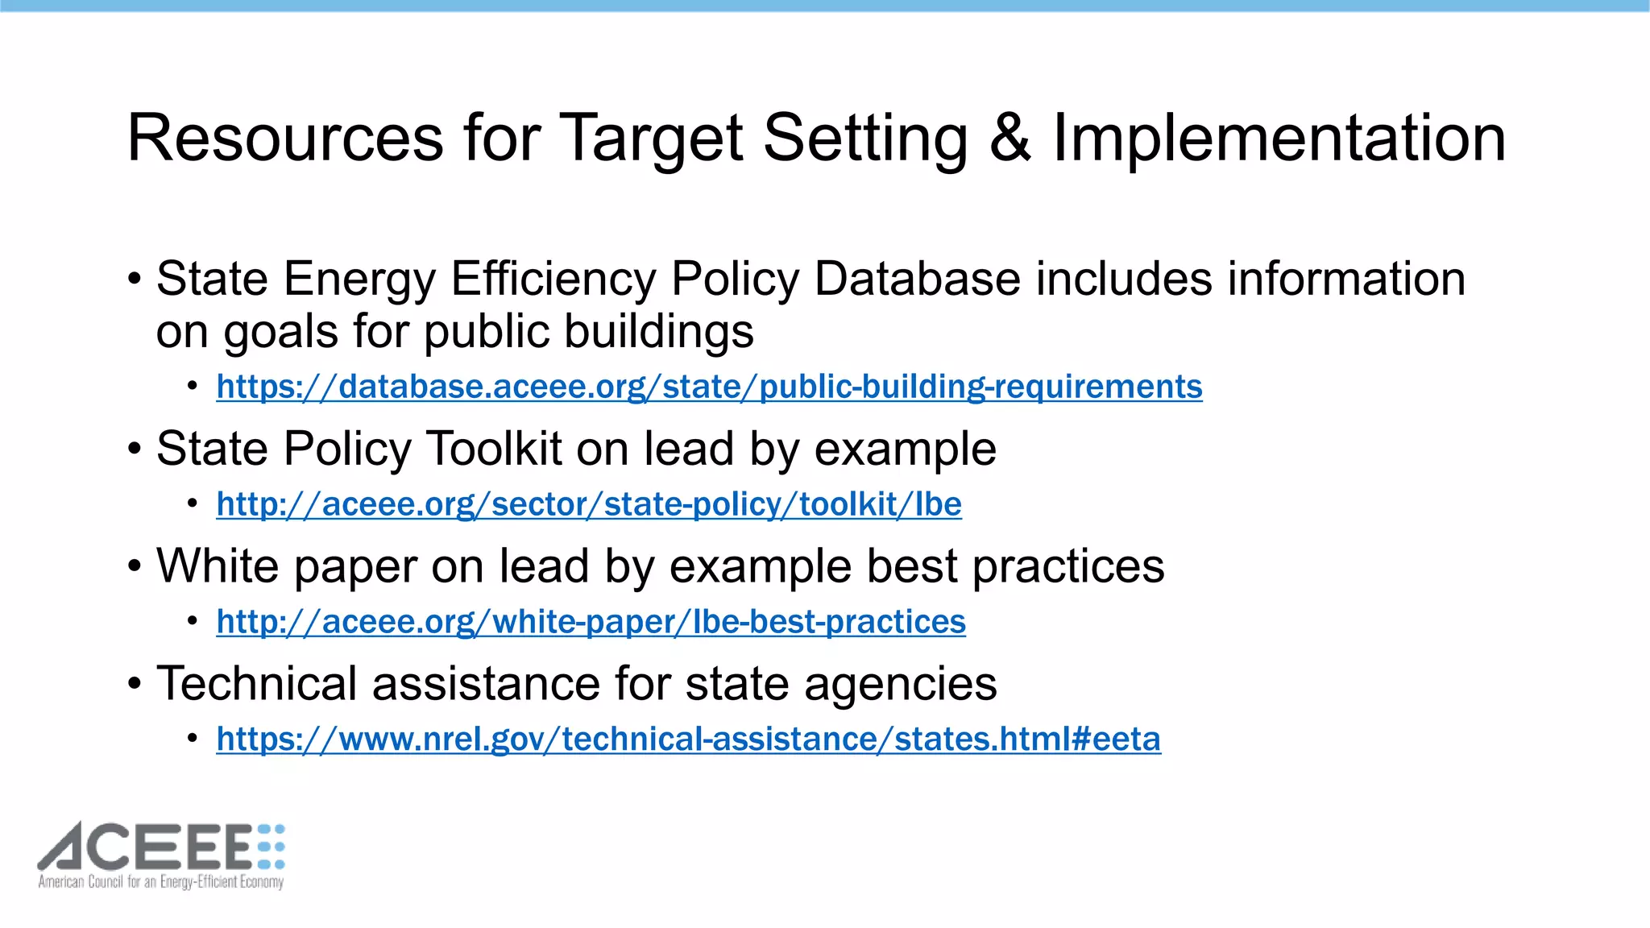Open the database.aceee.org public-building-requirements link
coord(709,387)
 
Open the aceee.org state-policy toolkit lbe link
coord(589,504)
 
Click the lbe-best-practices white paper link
coord(591,622)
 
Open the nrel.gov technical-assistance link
coord(688,739)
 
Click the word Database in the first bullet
coord(917,280)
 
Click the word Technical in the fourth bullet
coord(256,684)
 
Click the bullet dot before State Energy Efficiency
coord(135,280)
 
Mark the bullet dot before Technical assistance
coord(135,684)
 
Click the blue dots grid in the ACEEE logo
coord(272,847)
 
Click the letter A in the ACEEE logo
coord(71,847)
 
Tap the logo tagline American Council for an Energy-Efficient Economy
coord(161,882)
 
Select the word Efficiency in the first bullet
coord(553,280)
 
